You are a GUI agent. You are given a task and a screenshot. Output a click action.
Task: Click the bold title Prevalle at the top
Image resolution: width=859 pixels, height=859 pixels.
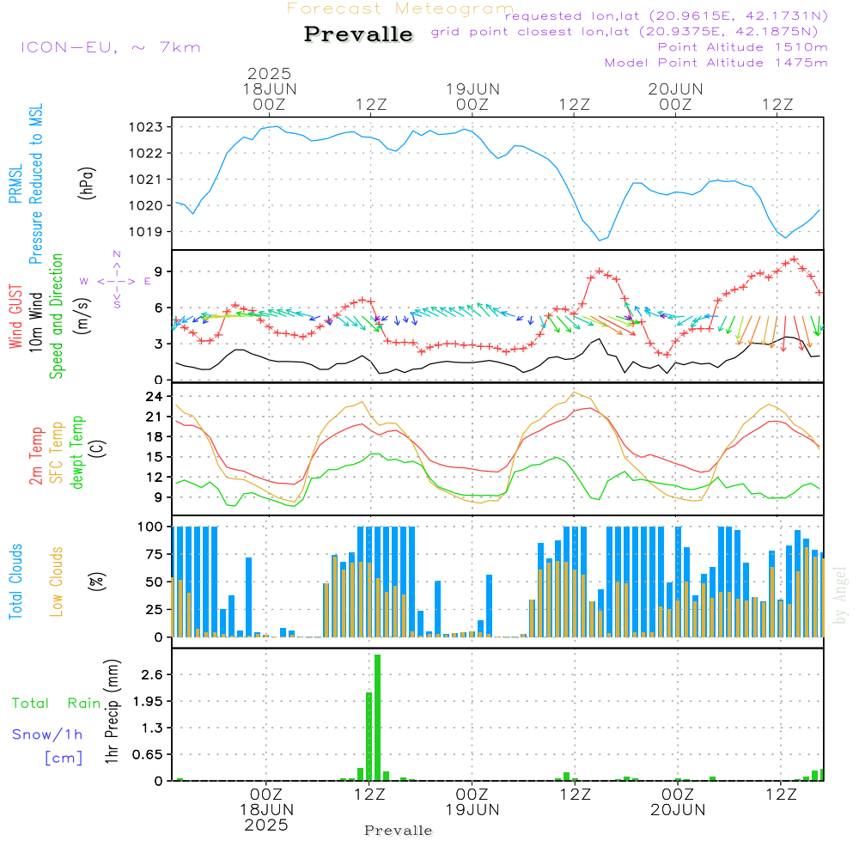click(x=358, y=34)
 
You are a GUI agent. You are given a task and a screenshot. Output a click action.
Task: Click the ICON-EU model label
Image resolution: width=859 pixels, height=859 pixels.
click(x=109, y=47)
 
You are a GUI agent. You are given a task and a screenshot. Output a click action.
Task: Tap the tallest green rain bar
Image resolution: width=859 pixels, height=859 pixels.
click(x=377, y=717)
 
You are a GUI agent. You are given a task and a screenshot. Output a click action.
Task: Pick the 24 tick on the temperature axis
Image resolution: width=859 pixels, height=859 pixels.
click(x=155, y=397)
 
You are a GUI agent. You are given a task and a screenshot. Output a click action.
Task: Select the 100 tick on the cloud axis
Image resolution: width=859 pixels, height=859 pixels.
click(x=151, y=526)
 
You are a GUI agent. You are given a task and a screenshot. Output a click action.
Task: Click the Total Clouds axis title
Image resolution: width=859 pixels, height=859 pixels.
click(x=15, y=582)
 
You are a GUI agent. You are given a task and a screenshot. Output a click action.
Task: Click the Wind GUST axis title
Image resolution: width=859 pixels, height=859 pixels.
click(x=15, y=317)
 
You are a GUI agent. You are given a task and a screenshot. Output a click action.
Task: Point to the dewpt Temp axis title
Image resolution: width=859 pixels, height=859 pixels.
click(x=78, y=453)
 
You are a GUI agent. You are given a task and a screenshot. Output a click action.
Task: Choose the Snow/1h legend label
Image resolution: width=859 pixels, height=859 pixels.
click(x=48, y=734)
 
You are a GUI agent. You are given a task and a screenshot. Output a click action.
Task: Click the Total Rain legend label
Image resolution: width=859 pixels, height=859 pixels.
click(x=56, y=704)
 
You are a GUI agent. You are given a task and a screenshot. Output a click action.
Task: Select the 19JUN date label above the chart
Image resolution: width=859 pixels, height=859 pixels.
click(x=472, y=88)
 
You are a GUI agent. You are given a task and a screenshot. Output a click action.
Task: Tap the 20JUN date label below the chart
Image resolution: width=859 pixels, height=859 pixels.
click(x=677, y=809)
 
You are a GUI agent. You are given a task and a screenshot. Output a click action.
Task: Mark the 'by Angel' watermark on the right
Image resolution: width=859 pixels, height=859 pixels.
click(x=841, y=596)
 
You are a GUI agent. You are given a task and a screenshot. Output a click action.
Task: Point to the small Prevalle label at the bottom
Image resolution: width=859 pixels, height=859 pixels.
click(x=399, y=831)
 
